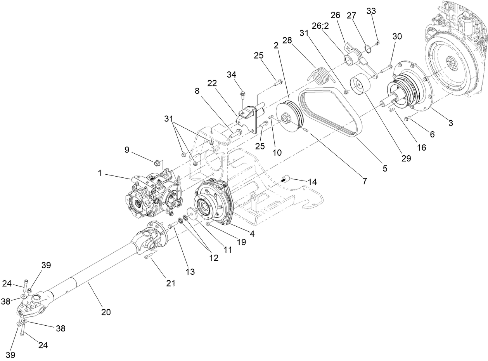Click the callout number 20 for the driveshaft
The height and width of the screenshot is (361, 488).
point(106,312)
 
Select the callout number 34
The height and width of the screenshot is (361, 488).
point(242,74)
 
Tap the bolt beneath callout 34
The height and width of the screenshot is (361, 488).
point(242,94)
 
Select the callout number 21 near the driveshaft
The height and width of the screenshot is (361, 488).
point(171,283)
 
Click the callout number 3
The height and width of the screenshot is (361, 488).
point(450,123)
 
